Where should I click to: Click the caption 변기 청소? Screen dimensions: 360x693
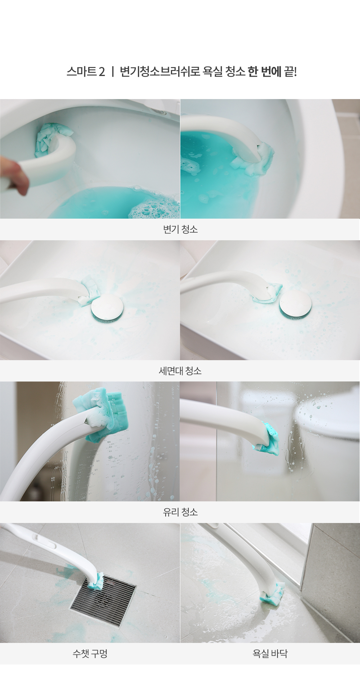(180, 229)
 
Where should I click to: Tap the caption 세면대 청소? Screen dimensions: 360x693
(180, 371)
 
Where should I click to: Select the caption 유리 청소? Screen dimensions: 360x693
(180, 512)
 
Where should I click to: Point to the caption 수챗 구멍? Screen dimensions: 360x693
(90, 653)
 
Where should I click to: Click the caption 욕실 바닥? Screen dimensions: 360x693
(270, 653)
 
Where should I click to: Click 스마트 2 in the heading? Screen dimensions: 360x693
(86, 72)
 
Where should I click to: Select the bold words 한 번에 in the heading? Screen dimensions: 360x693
(264, 72)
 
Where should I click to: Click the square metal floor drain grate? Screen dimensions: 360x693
(103, 600)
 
